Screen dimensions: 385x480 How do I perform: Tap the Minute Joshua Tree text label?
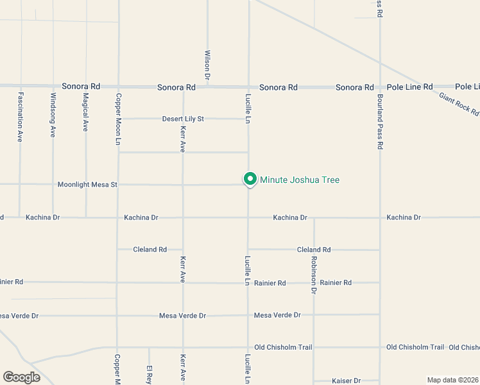click(299, 180)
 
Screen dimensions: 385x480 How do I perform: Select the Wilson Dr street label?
click(207, 65)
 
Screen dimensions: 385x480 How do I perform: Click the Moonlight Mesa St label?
click(88, 185)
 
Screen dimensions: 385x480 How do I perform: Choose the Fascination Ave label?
click(21, 117)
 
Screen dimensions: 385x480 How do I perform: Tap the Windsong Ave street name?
click(53, 115)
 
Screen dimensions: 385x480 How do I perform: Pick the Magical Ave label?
click(85, 112)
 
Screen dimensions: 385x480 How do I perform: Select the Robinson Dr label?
click(314, 275)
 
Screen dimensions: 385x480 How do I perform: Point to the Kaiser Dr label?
click(347, 381)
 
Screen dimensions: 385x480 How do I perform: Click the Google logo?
click(21, 377)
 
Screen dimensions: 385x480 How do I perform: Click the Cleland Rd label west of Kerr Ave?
click(150, 250)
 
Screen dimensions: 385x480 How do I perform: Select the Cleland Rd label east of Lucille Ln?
click(314, 250)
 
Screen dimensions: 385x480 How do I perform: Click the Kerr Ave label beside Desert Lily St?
click(183, 139)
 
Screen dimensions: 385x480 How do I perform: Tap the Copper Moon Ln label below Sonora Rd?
click(118, 119)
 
